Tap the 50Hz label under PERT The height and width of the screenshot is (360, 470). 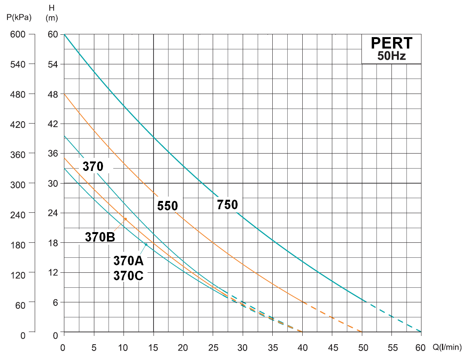click(x=391, y=56)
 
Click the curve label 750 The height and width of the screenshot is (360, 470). click(x=227, y=205)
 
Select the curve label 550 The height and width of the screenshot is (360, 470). click(x=168, y=206)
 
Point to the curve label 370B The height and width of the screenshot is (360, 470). click(x=100, y=237)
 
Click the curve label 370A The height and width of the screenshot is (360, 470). click(x=129, y=261)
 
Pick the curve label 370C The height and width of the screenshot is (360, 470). click(x=129, y=275)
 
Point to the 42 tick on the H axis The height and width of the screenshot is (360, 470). click(x=52, y=124)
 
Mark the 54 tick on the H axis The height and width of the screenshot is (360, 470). click(x=52, y=64)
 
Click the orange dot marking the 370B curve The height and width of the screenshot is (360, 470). click(x=125, y=219)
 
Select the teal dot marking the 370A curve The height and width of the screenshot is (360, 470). click(x=146, y=245)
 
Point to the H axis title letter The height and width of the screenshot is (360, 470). click(x=51, y=7)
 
